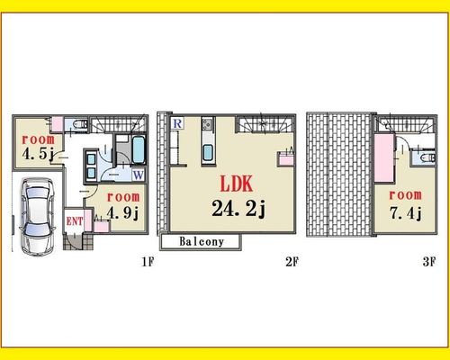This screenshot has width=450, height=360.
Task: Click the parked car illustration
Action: click(x=38, y=217)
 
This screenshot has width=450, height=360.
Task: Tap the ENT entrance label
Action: click(x=75, y=221)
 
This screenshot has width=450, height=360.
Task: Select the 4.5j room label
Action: click(x=38, y=154)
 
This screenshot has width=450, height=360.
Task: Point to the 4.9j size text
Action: click(x=123, y=213)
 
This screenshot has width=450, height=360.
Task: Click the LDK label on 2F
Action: click(x=237, y=184)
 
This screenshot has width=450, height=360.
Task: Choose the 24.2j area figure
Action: click(x=238, y=208)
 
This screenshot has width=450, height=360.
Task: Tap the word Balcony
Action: click(x=202, y=242)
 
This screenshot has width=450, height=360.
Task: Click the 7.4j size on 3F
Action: click(x=406, y=213)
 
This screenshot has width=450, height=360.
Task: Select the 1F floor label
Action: click(x=148, y=262)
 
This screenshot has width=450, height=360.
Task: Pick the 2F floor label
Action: click(x=292, y=262)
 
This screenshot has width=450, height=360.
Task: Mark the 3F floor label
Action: click(x=428, y=262)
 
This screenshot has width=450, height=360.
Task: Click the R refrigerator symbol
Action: click(x=177, y=123)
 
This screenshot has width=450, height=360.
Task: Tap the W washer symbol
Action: click(x=138, y=175)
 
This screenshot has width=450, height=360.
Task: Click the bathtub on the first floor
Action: click(x=139, y=149)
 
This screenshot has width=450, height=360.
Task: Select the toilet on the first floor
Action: click(x=81, y=124)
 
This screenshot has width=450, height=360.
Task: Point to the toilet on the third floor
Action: click(x=427, y=157)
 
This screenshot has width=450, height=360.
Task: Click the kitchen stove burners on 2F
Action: click(x=208, y=124)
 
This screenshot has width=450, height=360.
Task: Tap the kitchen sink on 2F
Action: click(x=208, y=152)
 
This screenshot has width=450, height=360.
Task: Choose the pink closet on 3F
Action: click(x=383, y=157)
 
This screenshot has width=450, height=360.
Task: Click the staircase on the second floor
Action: click(x=265, y=124)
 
